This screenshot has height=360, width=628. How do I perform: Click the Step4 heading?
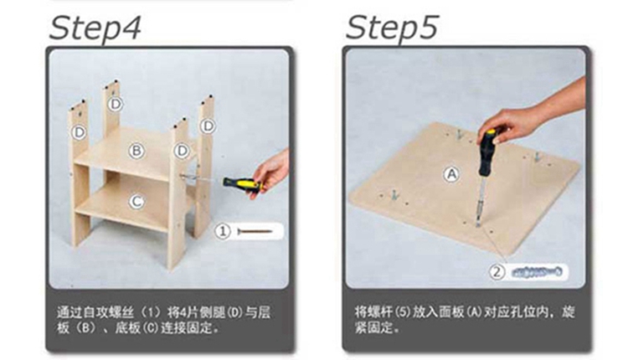[x=95, y=28]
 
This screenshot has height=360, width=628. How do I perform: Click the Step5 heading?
[x=392, y=28]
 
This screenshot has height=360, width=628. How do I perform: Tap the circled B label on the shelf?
[x=136, y=151]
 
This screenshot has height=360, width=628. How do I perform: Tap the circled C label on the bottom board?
[x=136, y=202]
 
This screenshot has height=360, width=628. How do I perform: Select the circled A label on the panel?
[x=451, y=175]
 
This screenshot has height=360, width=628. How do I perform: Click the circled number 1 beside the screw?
[x=223, y=231]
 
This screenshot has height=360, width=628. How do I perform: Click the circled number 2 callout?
[x=497, y=272]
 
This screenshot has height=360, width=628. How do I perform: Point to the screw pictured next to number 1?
[x=255, y=231]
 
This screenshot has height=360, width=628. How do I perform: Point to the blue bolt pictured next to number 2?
[x=537, y=272]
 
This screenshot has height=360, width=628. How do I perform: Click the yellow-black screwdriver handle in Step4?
[x=243, y=184]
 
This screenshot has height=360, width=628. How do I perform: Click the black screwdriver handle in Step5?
[x=489, y=152]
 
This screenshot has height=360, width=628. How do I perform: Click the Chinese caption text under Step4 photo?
[x=163, y=320]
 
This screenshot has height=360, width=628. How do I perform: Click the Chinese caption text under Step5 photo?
[x=465, y=319]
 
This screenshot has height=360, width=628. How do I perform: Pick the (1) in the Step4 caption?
[x=148, y=312]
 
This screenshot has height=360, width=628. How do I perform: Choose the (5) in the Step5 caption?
[x=403, y=311]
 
